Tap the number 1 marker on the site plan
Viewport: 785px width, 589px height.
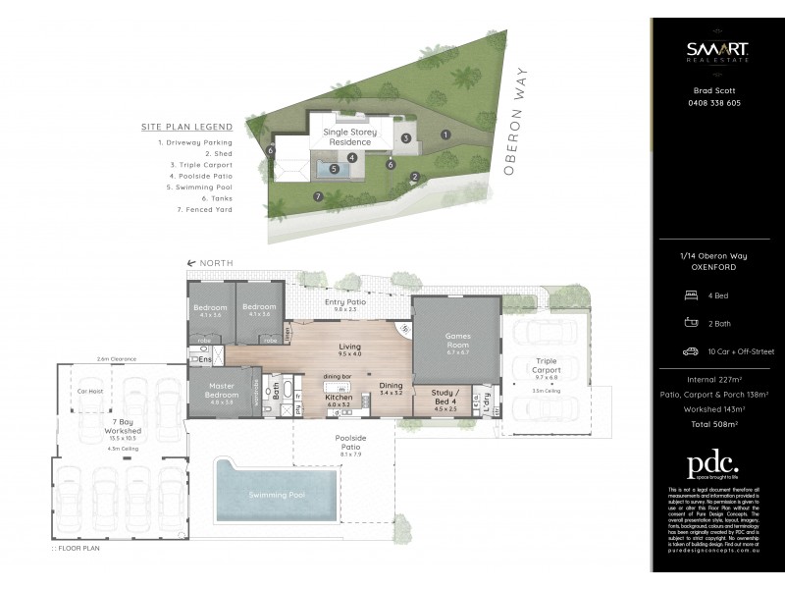pos(445,134)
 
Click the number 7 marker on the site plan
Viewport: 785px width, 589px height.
pos(317,196)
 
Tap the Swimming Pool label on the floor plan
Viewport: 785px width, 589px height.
pos(276,495)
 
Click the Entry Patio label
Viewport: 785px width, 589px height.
pos(345,302)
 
